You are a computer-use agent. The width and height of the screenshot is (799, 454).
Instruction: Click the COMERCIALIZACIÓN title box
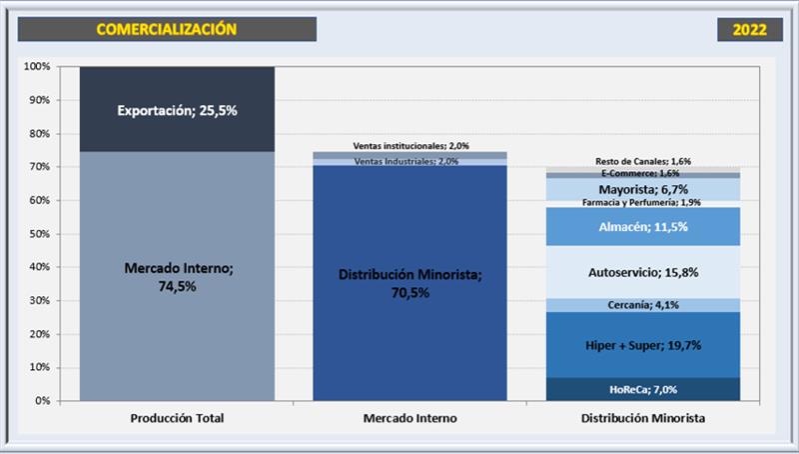(x=167, y=30)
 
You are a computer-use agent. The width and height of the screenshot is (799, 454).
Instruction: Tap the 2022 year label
(x=749, y=30)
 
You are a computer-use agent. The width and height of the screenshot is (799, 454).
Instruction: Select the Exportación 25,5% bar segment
(x=177, y=111)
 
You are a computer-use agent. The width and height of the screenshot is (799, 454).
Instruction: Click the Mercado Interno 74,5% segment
(x=177, y=276)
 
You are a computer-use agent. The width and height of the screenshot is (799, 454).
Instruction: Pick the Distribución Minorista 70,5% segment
(x=409, y=283)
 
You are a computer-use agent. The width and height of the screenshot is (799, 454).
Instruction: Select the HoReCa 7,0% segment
(x=643, y=389)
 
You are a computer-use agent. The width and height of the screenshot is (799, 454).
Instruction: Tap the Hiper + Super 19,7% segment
(x=643, y=345)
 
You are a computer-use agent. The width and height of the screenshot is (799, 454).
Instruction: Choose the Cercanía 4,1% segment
(x=643, y=305)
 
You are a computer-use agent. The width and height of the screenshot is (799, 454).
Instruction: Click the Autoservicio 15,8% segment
(x=643, y=272)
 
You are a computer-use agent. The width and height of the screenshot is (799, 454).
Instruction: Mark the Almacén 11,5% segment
(x=643, y=227)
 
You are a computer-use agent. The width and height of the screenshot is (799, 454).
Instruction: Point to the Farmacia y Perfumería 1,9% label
(x=643, y=203)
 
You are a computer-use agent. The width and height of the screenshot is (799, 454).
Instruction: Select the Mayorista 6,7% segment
(x=643, y=189)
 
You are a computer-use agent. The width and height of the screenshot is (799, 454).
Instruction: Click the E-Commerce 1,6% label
(x=643, y=174)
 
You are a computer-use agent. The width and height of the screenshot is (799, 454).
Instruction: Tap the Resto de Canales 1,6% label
(x=643, y=161)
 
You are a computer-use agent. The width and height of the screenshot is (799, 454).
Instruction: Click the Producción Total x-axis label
(x=177, y=418)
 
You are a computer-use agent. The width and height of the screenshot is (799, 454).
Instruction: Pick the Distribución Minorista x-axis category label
(x=643, y=418)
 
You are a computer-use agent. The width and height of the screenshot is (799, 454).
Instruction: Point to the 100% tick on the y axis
(x=37, y=67)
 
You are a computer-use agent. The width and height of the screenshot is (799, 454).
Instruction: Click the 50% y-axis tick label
(x=39, y=234)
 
